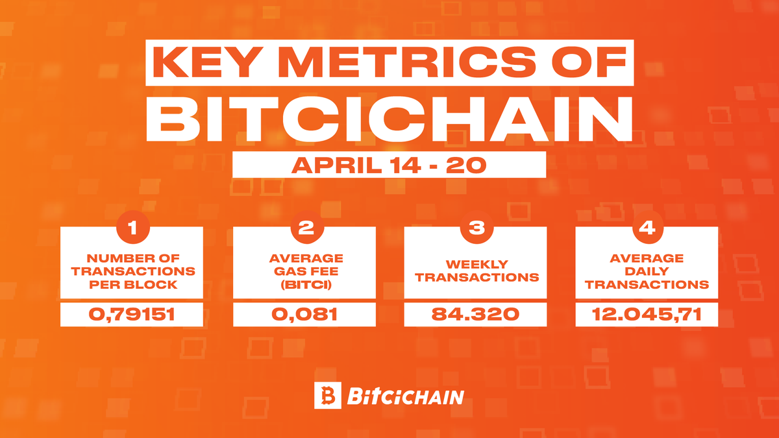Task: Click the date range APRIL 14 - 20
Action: pyautogui.click(x=388, y=165)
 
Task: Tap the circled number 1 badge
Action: pyautogui.click(x=132, y=228)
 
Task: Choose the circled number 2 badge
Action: pyautogui.click(x=304, y=228)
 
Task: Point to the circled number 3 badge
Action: pyautogui.click(x=476, y=228)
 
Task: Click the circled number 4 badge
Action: pyautogui.click(x=647, y=228)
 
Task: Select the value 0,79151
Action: pyautogui.click(x=132, y=315)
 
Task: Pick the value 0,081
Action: pyautogui.click(x=304, y=315)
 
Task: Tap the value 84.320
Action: pyautogui.click(x=476, y=315)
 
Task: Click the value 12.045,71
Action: pyautogui.click(x=647, y=315)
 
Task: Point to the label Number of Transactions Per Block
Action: pyautogui.click(x=132, y=271)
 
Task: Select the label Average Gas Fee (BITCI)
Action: pyautogui.click(x=304, y=271)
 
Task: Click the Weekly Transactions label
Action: pyautogui.click(x=476, y=271)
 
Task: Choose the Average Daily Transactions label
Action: pyautogui.click(x=647, y=271)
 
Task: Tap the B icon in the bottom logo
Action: pyautogui.click(x=327, y=395)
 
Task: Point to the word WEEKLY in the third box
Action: pyautogui.click(x=476, y=264)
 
